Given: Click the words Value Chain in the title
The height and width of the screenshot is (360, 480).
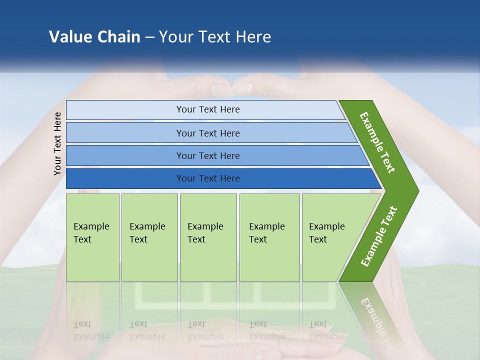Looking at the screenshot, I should (x=94, y=37).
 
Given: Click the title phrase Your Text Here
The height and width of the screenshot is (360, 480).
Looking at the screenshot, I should (x=215, y=37).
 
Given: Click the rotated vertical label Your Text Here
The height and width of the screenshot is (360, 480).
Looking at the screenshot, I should (x=57, y=143).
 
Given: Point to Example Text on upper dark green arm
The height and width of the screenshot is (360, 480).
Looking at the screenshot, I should (x=377, y=142).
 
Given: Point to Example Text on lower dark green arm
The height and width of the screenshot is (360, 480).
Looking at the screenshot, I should (x=378, y=236).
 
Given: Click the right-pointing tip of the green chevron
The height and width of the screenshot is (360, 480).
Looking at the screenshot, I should (x=416, y=190).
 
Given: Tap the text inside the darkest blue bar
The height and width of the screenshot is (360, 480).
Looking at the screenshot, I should (x=208, y=178).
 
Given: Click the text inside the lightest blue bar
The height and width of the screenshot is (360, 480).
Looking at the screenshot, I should (x=208, y=109).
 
